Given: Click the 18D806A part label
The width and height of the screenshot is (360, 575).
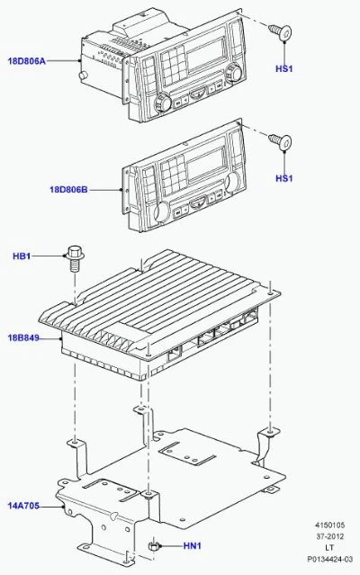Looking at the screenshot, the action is [x=27, y=61].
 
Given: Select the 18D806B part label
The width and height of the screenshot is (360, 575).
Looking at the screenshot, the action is [x=68, y=190].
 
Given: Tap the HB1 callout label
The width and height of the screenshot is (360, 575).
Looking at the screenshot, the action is [x=22, y=256].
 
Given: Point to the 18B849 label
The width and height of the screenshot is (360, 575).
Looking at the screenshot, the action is [x=23, y=337].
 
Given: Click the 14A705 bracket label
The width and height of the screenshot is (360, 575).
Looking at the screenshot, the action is [x=23, y=506].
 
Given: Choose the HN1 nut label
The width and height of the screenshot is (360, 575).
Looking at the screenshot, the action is [x=193, y=546].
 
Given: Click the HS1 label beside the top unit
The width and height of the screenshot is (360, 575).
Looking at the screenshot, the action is [x=284, y=68].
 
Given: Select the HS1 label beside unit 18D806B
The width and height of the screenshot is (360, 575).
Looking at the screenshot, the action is [x=284, y=178].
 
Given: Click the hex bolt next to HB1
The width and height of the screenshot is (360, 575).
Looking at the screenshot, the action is [x=76, y=258].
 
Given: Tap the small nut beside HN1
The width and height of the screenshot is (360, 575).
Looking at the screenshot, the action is [x=153, y=545].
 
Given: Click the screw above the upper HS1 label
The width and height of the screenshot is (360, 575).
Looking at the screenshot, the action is [x=281, y=32].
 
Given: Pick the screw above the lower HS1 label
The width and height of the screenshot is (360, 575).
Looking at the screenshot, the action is [x=281, y=141].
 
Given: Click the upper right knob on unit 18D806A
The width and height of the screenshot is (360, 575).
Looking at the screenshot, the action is [x=233, y=73].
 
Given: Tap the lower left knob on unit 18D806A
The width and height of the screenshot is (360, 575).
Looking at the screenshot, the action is [x=163, y=103].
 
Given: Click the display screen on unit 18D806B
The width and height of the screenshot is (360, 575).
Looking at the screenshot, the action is [x=206, y=165].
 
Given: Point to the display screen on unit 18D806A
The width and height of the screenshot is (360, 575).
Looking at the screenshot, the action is [x=206, y=54].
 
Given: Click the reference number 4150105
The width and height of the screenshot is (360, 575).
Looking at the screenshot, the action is [x=330, y=526].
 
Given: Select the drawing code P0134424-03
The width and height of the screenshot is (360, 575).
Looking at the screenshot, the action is [x=330, y=559].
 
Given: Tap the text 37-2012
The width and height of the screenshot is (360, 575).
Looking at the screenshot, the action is [x=330, y=536].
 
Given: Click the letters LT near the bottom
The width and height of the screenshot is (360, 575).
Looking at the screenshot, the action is [x=329, y=548].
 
